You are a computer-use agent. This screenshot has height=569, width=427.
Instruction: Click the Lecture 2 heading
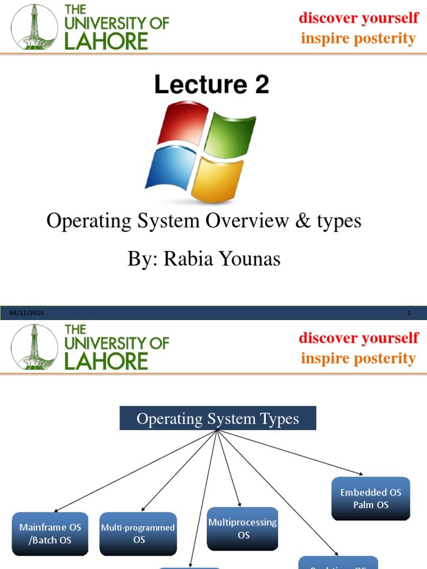212,84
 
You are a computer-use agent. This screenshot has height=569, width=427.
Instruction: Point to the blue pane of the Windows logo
170,166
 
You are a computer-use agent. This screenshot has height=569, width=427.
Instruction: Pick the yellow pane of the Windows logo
217,178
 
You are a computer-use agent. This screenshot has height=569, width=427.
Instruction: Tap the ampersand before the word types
302,221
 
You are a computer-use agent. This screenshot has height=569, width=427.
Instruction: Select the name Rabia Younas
222,258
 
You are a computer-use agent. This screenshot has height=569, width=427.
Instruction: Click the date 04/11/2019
27,313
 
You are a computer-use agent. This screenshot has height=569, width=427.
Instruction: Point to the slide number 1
409,313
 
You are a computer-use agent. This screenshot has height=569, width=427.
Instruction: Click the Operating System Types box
218,418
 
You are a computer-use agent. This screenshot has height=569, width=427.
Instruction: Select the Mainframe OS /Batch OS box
50,533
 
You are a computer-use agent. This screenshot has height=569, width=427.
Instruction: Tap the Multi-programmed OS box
138,533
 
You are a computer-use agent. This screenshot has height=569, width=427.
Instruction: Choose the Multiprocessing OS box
242,528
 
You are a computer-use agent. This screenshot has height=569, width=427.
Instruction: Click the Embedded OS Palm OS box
371,498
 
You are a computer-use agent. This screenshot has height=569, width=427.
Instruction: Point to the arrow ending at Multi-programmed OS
178,471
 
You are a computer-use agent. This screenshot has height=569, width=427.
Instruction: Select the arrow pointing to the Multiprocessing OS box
229,470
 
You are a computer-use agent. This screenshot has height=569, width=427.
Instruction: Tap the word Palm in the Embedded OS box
363,505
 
